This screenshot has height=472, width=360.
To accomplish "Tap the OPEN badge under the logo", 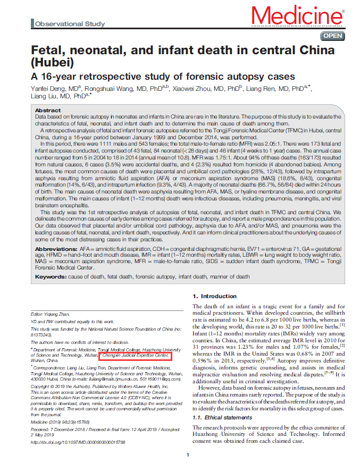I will (x=333, y=36).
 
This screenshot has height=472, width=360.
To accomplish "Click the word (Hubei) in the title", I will (x=52, y=63).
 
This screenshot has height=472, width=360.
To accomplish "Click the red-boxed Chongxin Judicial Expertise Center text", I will (x=136, y=356).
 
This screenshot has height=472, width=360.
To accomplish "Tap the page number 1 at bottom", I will (x=188, y=455).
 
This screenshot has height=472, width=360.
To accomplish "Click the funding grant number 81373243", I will (x=43, y=335).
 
